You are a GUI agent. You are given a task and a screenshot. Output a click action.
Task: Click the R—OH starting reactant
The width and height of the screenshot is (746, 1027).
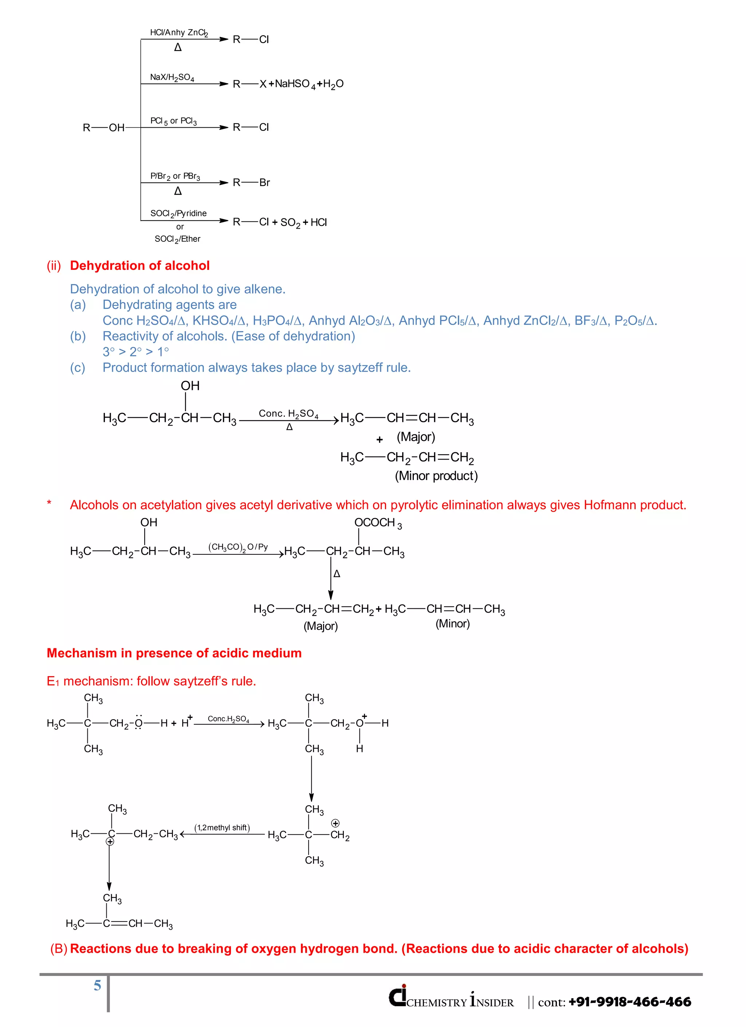[103, 128]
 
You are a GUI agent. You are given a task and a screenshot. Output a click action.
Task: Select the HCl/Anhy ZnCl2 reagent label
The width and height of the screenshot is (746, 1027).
[179, 32]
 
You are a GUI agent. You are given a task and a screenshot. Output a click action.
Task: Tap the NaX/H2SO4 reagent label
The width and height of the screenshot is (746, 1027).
[172, 77]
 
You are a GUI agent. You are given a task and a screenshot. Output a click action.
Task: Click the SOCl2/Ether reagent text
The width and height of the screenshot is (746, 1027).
[177, 239]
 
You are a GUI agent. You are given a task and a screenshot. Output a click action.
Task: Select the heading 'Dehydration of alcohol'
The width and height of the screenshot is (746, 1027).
[140, 266]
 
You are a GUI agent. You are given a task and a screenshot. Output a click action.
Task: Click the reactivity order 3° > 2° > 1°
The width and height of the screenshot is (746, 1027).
[136, 352]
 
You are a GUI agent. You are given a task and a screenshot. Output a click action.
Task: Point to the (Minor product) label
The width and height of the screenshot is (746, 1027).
[436, 476]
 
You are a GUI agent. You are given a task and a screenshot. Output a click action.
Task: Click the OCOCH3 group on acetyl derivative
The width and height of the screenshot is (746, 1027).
[378, 523]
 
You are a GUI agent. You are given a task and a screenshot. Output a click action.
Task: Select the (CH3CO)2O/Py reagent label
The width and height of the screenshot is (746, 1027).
[238, 547]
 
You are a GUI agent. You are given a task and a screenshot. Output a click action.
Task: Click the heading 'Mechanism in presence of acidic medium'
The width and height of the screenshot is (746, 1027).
[174, 653]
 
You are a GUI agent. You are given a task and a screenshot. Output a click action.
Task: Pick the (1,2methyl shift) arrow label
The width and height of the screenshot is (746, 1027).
[222, 828]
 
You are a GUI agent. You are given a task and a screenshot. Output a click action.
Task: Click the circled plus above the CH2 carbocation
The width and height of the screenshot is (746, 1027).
[335, 823]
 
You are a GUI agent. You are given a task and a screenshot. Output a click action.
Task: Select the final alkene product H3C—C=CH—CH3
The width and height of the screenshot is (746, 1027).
[119, 923]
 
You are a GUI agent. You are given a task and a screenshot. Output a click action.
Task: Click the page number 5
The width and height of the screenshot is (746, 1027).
[97, 986]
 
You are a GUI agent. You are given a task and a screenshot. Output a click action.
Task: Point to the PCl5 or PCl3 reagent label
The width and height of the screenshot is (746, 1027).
[173, 121]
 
